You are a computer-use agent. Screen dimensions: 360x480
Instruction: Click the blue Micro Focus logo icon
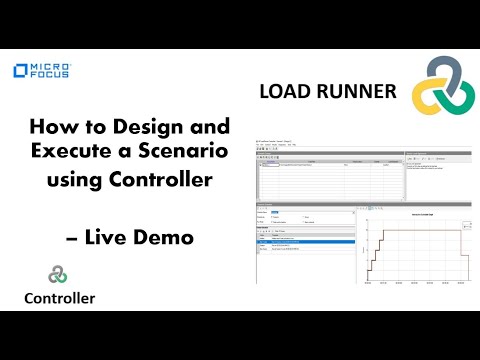coord(20,72)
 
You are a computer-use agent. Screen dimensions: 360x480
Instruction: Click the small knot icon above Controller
coord(58,273)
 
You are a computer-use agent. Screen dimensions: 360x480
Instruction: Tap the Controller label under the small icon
coord(60,297)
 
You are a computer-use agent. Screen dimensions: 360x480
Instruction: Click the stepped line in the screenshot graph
coord(400,232)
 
